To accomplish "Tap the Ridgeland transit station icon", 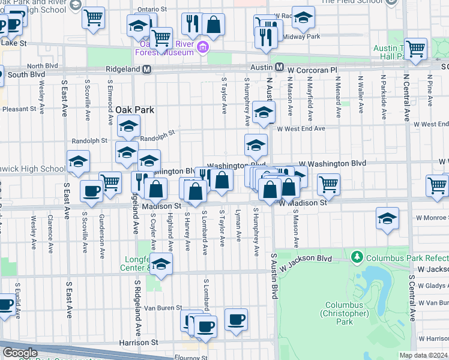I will [x=146, y=70].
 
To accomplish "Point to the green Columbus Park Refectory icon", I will [x=358, y=257].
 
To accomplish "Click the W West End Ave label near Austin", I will [x=300, y=128].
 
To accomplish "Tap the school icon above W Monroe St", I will [x=388, y=218].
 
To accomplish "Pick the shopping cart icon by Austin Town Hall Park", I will [x=415, y=48].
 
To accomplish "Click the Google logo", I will [x=20, y=353].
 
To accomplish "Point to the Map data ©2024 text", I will [x=423, y=355].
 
